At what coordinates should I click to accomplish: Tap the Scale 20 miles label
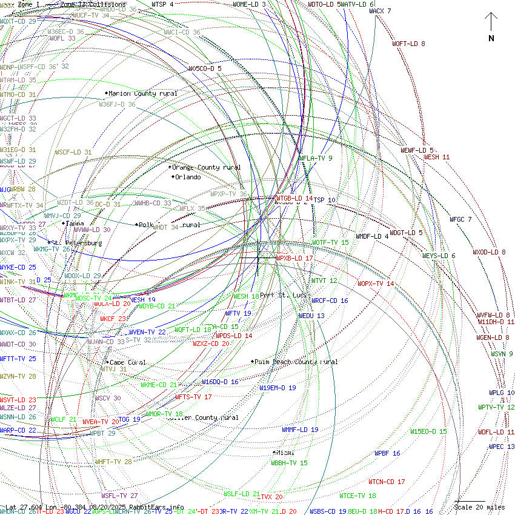(479, 507)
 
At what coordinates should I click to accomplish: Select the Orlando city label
(187, 178)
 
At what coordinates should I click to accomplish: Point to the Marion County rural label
(143, 94)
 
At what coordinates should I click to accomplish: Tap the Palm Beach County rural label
(296, 362)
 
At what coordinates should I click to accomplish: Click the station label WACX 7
(380, 11)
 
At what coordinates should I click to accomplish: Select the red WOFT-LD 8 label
(408, 44)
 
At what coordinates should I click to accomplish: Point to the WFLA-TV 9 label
(316, 159)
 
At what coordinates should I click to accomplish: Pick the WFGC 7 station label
(460, 219)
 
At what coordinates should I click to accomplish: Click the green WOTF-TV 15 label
(330, 242)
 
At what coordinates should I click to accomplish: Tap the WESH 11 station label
(437, 158)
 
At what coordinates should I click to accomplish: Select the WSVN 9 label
(502, 354)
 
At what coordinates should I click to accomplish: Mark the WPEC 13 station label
(502, 447)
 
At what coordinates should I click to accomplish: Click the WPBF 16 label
(387, 453)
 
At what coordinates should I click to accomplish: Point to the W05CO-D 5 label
(205, 68)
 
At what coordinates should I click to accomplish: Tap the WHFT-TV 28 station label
(113, 462)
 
